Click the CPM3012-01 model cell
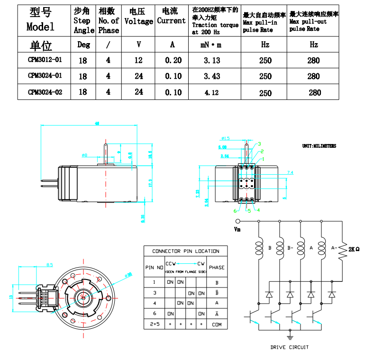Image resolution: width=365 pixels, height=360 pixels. coord(45,60)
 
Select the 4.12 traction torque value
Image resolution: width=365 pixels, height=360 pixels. coord(211,93)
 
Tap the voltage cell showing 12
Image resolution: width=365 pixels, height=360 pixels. coord(138,60)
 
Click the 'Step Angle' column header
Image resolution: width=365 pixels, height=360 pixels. coord(84,21)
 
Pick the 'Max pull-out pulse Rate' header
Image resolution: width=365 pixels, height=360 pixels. coord(313,21)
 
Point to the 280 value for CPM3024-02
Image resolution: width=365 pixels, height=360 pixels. coord(314,93)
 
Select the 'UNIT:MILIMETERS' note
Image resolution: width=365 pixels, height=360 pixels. coord(319,146)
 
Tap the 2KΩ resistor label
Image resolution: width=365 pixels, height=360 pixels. coord(354,249)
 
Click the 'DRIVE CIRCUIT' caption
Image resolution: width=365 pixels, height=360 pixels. coord(289,347)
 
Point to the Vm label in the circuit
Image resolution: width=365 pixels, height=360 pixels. coord(238,229)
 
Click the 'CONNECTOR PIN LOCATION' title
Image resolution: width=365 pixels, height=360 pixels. coord(185,251)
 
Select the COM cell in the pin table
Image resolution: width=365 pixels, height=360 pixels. coord(216,324)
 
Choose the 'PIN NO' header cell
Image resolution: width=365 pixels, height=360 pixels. coord(154,268)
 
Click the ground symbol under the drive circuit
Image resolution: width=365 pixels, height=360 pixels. coord(290,337)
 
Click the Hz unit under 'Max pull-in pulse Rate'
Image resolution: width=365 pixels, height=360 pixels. coord(265,45)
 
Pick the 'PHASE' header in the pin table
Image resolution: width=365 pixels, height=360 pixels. coord(217,267)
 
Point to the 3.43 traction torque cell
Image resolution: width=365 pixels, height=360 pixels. coord(211,76)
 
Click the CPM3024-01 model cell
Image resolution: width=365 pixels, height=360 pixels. coord(45,76)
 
